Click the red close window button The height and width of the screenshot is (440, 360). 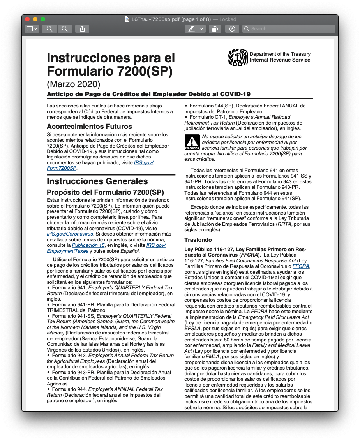pos(27,19)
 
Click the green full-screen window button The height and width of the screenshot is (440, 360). pos(43,19)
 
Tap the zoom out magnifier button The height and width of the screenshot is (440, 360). pos(49,29)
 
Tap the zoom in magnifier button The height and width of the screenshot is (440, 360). pos(65,29)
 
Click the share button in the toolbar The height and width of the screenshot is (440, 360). pos(82,29)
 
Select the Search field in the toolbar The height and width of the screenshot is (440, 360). pos(288,29)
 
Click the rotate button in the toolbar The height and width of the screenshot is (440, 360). pos(215,29)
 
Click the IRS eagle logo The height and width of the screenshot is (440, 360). pos(238,57)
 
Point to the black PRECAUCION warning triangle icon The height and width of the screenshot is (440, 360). pos(192,142)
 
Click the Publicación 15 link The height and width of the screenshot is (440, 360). pos(88,245)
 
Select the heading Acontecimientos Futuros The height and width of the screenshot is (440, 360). pos(89,127)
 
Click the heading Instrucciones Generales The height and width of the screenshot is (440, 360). pos(97,181)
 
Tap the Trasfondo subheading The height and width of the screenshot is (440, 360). pos(198,240)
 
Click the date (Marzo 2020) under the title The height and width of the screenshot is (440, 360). pos(74,84)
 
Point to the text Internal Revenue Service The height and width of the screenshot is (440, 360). pos(280,60)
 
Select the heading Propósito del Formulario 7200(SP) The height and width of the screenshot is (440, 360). pos(105,192)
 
